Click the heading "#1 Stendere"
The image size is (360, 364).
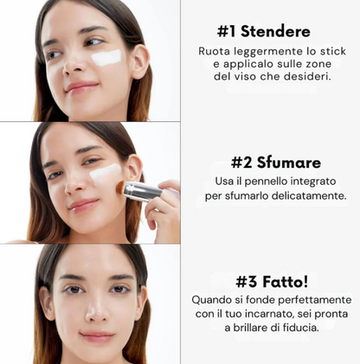click(264, 31)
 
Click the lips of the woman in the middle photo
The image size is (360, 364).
click(82, 204)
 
